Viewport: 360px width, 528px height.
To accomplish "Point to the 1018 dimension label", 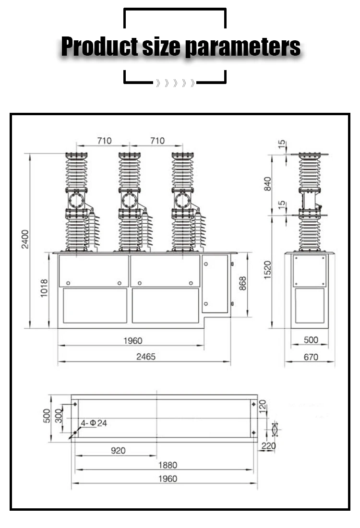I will coord(44,288).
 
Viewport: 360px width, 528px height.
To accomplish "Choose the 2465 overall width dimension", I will coord(145,357).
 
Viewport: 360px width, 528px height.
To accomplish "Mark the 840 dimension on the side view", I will coord(268,184).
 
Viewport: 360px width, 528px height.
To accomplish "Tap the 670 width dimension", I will coord(311,357).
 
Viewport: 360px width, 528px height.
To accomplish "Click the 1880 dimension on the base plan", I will coord(167,465).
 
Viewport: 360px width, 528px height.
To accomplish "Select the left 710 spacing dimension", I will coord(104,141).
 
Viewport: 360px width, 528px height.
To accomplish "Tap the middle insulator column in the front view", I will coord(130,202).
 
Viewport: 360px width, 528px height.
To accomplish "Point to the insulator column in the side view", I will coord(310,202).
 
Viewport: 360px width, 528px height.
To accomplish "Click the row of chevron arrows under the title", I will coord(175,84).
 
